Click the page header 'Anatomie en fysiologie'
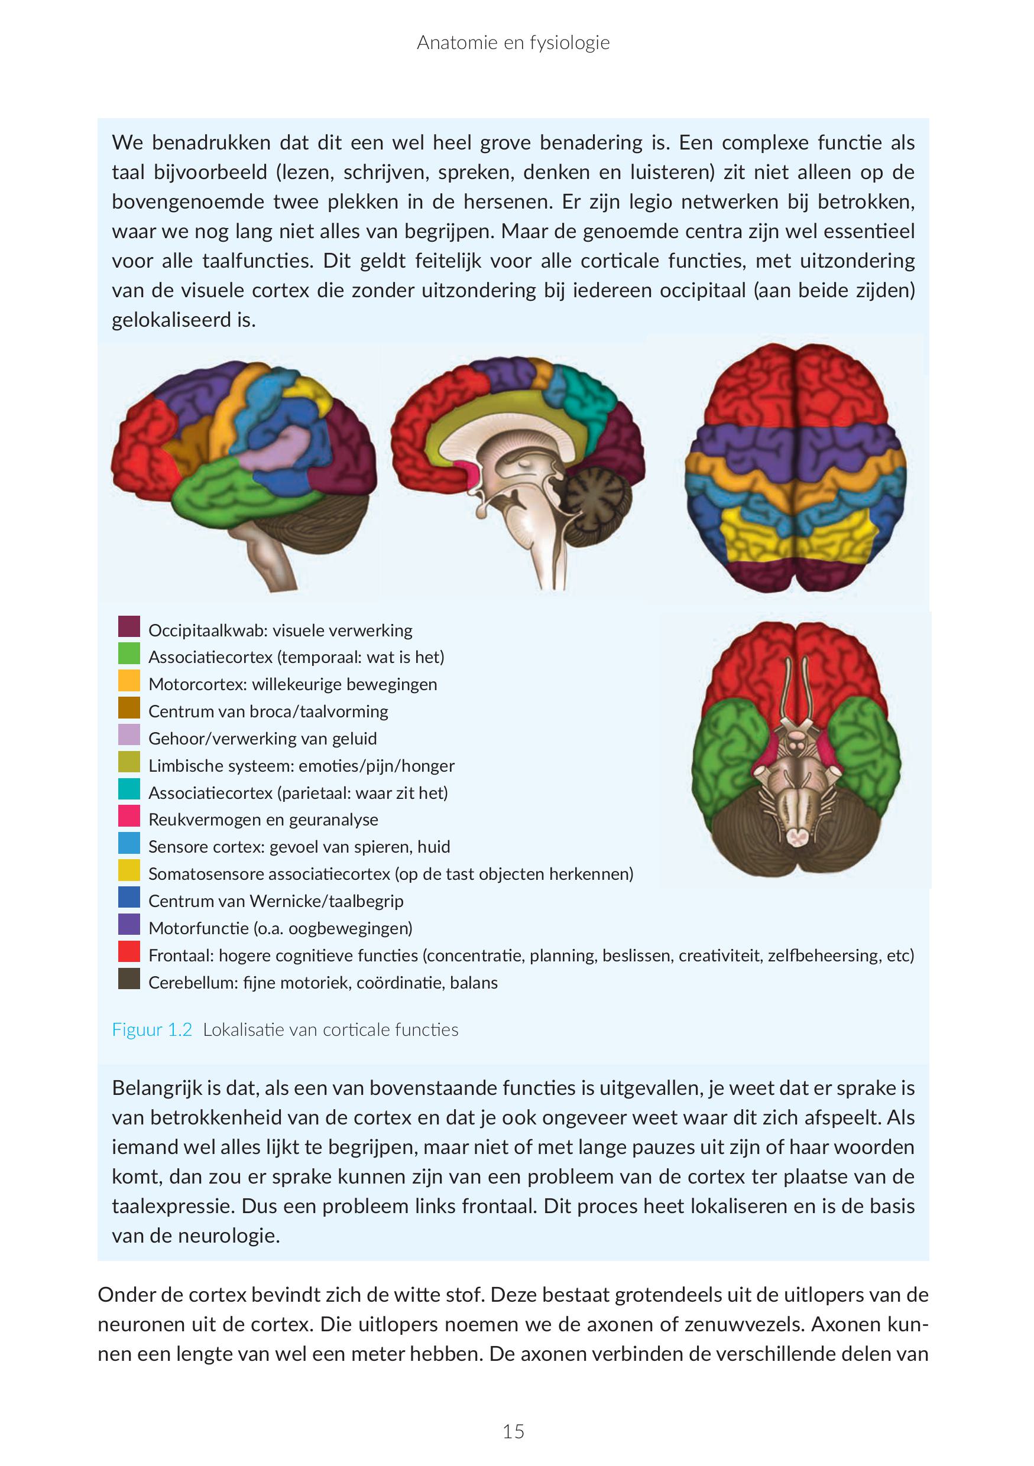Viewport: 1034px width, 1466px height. (513, 43)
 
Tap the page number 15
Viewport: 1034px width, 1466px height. (513, 1432)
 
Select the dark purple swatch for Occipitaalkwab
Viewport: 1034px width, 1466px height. (129, 626)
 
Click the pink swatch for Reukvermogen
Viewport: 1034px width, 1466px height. (129, 816)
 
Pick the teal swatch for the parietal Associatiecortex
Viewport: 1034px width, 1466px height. (129, 789)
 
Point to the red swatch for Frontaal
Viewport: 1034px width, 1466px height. (129, 951)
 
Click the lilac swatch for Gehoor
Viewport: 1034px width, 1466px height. (129, 735)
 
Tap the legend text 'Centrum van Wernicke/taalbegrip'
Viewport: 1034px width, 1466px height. (276, 901)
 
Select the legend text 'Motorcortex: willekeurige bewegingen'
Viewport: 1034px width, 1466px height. (293, 684)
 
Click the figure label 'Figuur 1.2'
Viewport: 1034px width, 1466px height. (152, 1030)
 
